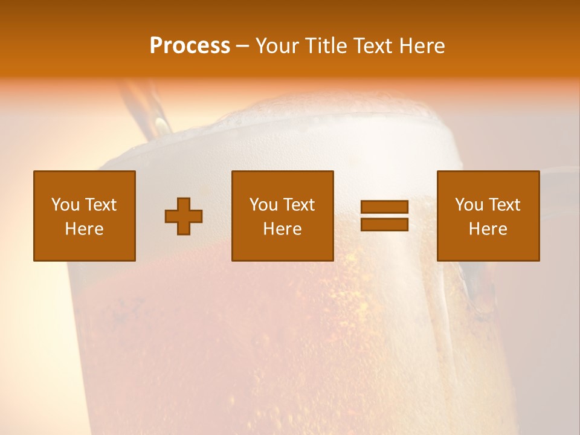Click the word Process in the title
point(190,46)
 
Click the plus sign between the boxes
point(184,216)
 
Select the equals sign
point(384,216)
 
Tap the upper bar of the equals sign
point(384,207)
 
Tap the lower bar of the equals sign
point(384,225)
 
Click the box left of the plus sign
point(85,216)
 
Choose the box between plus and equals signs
point(283,216)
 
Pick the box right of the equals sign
point(488,216)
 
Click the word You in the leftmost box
point(65,205)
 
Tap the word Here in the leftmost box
point(85,229)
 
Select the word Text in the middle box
point(300,205)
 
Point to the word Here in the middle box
point(283,229)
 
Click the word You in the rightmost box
point(469,205)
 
